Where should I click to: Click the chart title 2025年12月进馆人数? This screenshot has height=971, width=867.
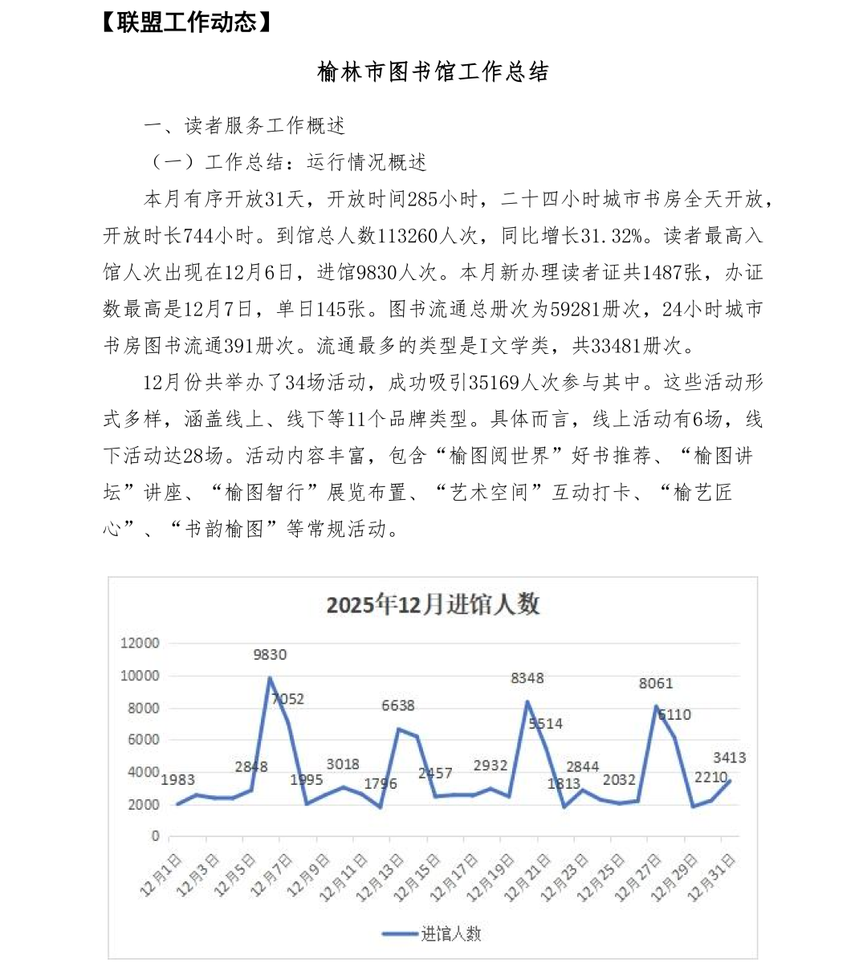tap(433, 604)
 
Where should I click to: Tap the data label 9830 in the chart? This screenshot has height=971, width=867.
tap(270, 655)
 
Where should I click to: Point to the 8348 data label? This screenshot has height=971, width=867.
tap(527, 678)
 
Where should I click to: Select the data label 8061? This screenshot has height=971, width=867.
tap(656, 684)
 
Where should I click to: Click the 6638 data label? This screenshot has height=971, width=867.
tap(398, 705)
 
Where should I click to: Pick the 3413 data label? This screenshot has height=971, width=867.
tap(730, 758)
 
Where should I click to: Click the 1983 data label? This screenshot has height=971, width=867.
tap(177, 779)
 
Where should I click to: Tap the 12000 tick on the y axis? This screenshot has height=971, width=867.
tap(140, 643)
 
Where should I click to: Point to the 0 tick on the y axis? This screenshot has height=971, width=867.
tap(155, 836)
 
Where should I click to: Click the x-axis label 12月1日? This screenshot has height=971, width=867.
tap(161, 876)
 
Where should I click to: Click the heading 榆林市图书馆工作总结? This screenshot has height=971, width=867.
tap(433, 72)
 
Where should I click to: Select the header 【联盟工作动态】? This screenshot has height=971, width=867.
tap(186, 22)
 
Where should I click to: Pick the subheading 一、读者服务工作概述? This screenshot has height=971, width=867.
tap(245, 126)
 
